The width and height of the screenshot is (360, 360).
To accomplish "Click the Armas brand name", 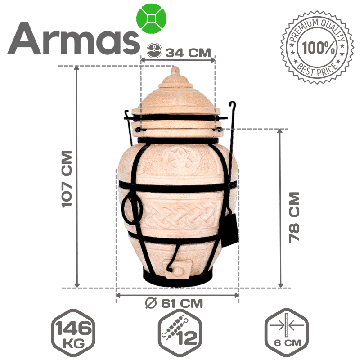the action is (x=73, y=38).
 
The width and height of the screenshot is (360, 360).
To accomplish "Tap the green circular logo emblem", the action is (x=151, y=18).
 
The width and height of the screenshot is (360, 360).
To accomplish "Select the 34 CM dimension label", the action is (x=188, y=53).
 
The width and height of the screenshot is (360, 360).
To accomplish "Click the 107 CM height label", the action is (x=67, y=179).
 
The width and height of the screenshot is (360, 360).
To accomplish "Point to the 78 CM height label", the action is (x=294, y=217).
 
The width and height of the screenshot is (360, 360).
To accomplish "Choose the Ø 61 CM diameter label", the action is (x=174, y=303).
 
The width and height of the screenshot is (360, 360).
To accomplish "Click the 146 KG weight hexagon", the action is (x=73, y=333).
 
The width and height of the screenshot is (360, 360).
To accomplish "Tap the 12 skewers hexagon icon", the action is (x=180, y=333).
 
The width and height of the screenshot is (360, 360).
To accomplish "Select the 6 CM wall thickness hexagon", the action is (x=287, y=333).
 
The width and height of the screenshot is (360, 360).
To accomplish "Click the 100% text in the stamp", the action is (x=319, y=48).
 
